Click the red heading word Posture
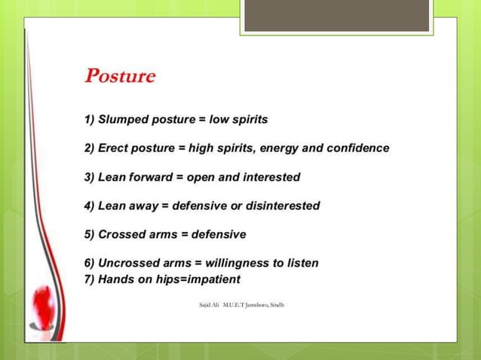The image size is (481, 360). pos(121,77)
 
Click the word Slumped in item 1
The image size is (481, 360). pos(124,120)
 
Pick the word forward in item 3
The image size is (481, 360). pos(152,177)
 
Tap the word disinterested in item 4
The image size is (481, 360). pos(280,206)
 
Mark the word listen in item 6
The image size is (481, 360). pos(302,263)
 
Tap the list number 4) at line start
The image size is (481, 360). pos(90,206)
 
